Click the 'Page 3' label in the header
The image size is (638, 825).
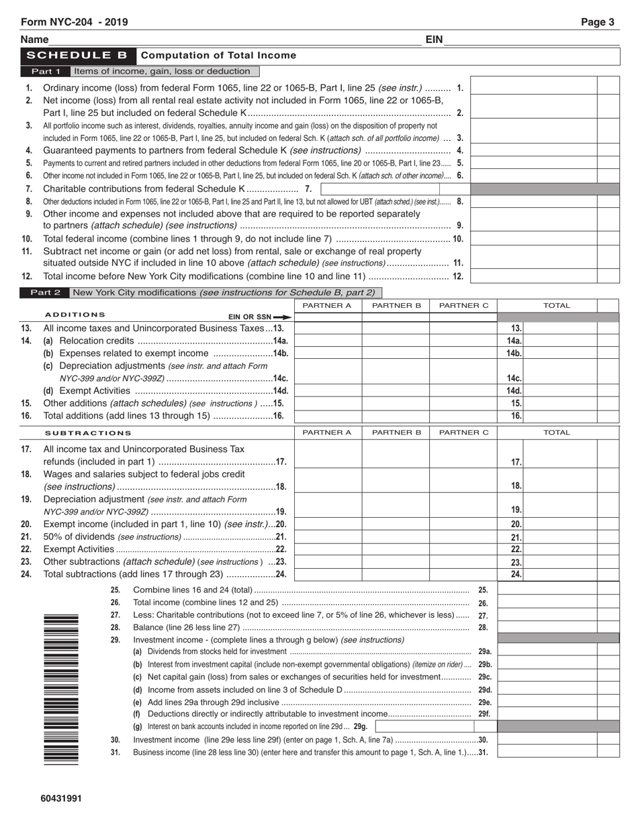click(x=597, y=22)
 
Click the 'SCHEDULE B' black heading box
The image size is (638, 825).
click(x=79, y=56)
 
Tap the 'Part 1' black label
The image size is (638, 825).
click(x=46, y=71)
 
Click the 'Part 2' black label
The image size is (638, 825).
click(x=46, y=292)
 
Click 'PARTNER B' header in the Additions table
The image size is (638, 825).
click(x=396, y=306)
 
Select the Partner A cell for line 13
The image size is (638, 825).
click(x=328, y=329)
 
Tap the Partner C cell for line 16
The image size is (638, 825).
click(x=463, y=416)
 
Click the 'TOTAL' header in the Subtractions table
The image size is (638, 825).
click(x=556, y=433)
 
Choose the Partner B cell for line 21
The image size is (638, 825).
click(x=396, y=537)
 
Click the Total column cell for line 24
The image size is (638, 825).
click(x=560, y=574)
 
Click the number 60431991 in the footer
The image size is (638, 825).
click(x=61, y=798)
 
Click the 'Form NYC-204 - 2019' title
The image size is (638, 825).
click(x=74, y=22)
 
